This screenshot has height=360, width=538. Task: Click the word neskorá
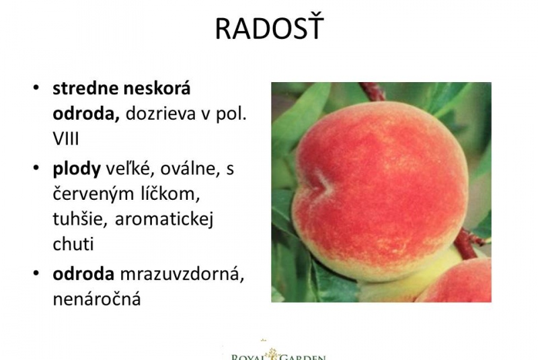coord(157,88)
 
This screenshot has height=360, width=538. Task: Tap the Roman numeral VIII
coord(66,139)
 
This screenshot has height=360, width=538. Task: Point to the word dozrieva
coord(161,114)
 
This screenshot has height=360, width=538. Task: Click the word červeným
coord(93,194)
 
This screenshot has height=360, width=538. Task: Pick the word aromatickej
coord(164,219)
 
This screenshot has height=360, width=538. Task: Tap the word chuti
coord(73,244)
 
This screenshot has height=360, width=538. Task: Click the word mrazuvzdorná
coord(182,274)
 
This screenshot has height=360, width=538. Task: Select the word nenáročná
coord(97,299)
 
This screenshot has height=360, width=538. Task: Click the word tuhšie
coord(81,218)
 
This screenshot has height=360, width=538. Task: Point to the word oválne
coord(190,169)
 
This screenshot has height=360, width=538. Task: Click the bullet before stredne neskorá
coord(36,88)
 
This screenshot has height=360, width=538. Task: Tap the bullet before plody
coord(36,168)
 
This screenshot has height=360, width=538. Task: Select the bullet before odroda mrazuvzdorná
coord(36,273)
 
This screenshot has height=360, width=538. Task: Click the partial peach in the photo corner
coord(457,281)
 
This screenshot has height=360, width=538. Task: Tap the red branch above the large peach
coord(372,91)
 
